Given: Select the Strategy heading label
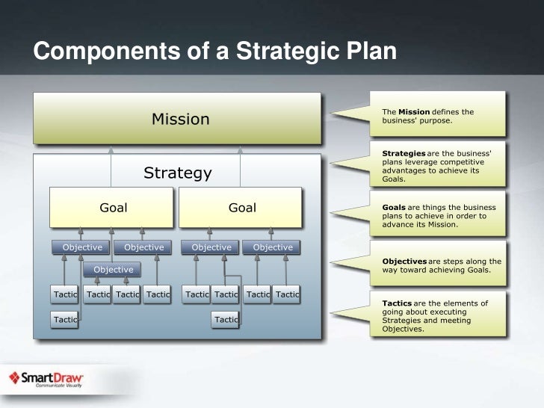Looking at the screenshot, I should (x=178, y=173).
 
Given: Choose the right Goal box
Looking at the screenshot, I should (x=241, y=208).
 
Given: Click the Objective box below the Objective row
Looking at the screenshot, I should (x=113, y=270).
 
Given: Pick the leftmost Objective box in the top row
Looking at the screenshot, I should (x=81, y=247).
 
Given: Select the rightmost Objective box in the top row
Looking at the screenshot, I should (x=273, y=247).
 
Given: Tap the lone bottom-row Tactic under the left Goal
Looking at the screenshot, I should (x=65, y=320).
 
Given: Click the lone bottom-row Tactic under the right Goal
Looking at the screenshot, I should (x=225, y=320).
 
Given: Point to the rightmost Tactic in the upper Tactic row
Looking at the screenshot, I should (x=286, y=295).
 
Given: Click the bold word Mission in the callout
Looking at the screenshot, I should (x=413, y=112).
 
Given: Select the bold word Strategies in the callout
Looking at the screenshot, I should (x=404, y=153).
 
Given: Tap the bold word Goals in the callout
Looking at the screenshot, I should (x=393, y=207).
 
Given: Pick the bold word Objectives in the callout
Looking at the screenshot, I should (x=404, y=261).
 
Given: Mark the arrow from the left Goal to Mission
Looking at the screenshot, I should (x=111, y=165).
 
